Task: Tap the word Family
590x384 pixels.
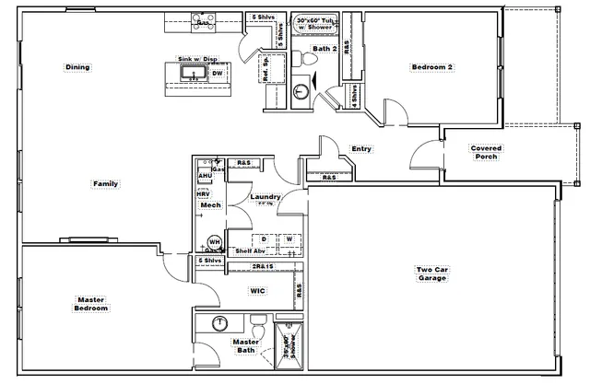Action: pyautogui.click(x=105, y=184)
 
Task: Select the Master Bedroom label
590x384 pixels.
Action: pyautogui.click(x=91, y=304)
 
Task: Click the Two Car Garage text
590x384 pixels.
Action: pyautogui.click(x=432, y=273)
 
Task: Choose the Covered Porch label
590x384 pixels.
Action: pyautogui.click(x=485, y=152)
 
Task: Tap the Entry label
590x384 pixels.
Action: pyautogui.click(x=361, y=149)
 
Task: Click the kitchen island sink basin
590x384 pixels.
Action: pyautogui.click(x=193, y=73)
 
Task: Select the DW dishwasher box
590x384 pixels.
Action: pyautogui.click(x=218, y=74)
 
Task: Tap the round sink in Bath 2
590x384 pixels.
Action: pyautogui.click(x=301, y=92)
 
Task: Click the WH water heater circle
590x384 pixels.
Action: pyautogui.click(x=215, y=241)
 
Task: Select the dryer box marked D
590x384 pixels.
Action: pyautogui.click(x=263, y=239)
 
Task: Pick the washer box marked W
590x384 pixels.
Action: pyautogui.click(x=289, y=239)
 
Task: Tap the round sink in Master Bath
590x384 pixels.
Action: pyautogui.click(x=219, y=323)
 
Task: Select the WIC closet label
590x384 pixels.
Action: pyautogui.click(x=258, y=291)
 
